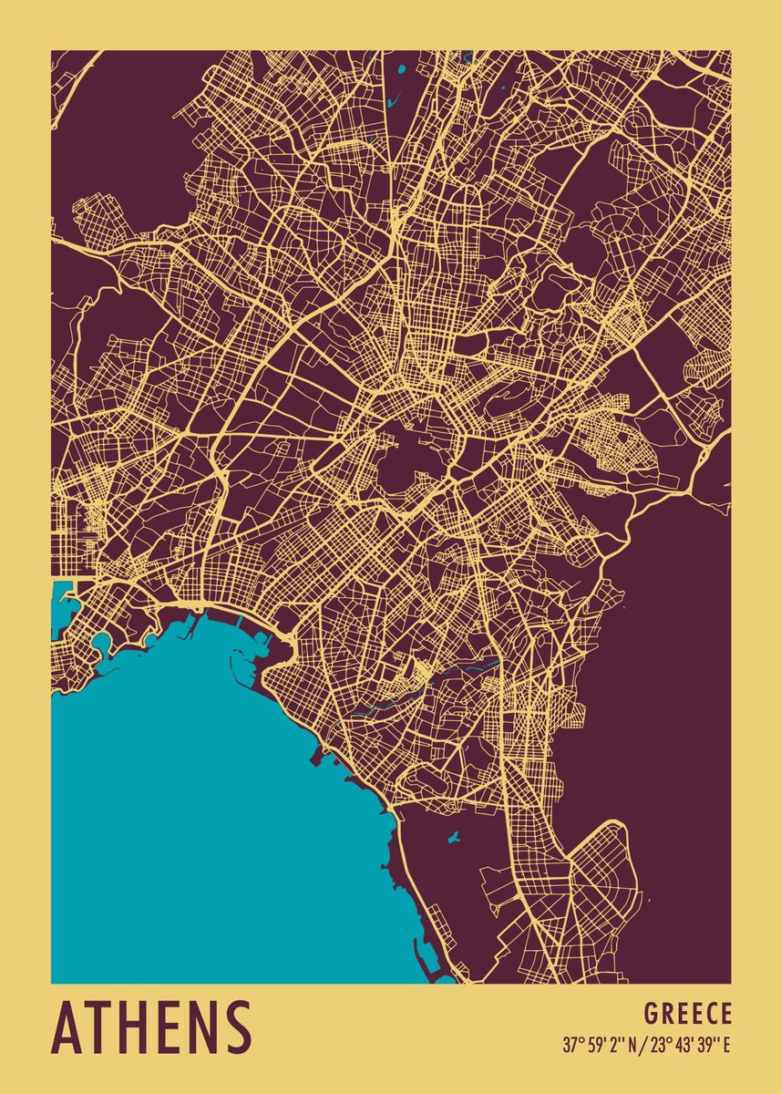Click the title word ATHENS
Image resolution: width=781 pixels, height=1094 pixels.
coord(151,1027)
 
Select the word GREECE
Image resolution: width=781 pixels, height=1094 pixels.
coord(687,1014)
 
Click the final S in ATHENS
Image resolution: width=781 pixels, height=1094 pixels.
coord(235,1027)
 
